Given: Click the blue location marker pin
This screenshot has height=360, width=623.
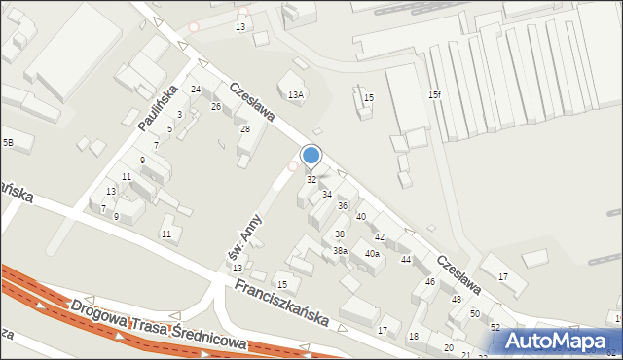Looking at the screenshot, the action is [x=311, y=156].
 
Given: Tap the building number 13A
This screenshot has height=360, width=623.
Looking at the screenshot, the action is [x=296, y=94].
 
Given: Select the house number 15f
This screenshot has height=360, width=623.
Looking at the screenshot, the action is [x=435, y=94].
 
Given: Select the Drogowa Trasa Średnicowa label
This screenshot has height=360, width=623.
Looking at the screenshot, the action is [x=158, y=326].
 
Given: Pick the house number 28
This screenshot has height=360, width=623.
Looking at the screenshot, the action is [x=245, y=129].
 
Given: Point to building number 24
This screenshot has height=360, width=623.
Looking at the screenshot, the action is [x=196, y=90].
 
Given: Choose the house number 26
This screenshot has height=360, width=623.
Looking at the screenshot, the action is [x=216, y=106].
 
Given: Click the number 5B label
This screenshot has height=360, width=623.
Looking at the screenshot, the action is [x=8, y=143].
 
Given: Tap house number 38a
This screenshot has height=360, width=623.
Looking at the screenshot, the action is [x=340, y=251].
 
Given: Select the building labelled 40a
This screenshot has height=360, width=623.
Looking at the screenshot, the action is [x=372, y=254].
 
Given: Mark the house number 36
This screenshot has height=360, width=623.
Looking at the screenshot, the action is [x=343, y=206].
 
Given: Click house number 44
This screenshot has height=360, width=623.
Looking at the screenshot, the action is [x=406, y=260].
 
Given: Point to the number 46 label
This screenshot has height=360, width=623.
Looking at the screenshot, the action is [x=430, y=282].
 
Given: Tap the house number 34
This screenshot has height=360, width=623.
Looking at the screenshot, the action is [x=327, y=195].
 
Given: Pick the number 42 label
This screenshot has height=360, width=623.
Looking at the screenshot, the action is [x=380, y=237].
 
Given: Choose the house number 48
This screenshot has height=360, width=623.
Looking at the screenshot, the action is [x=456, y=300].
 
